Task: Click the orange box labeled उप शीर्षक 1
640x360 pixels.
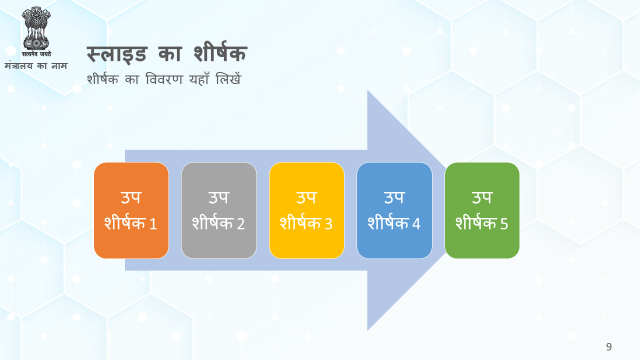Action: (x=131, y=210)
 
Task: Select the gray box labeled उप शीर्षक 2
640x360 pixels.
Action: (x=219, y=210)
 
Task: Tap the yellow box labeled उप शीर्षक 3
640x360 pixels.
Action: (x=306, y=210)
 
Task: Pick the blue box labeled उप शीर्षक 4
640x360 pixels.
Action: (x=394, y=210)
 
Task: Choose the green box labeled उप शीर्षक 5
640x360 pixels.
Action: (x=482, y=210)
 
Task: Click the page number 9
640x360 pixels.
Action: (x=609, y=347)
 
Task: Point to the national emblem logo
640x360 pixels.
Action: (x=36, y=28)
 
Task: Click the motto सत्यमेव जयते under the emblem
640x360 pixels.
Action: (x=36, y=53)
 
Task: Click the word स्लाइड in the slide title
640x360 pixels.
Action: (x=116, y=53)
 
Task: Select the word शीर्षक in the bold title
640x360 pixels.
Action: (x=220, y=52)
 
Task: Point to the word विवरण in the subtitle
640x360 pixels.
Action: (x=164, y=79)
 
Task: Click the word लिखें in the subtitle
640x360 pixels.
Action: (x=228, y=78)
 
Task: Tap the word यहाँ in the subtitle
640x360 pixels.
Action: (x=199, y=78)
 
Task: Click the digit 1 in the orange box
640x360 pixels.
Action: (x=153, y=223)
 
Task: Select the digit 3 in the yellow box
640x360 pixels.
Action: (x=328, y=223)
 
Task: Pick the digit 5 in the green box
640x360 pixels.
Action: (x=504, y=223)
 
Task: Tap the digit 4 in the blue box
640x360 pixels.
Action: (x=416, y=223)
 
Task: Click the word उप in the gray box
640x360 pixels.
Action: (x=218, y=197)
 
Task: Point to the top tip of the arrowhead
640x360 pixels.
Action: (x=367, y=90)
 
